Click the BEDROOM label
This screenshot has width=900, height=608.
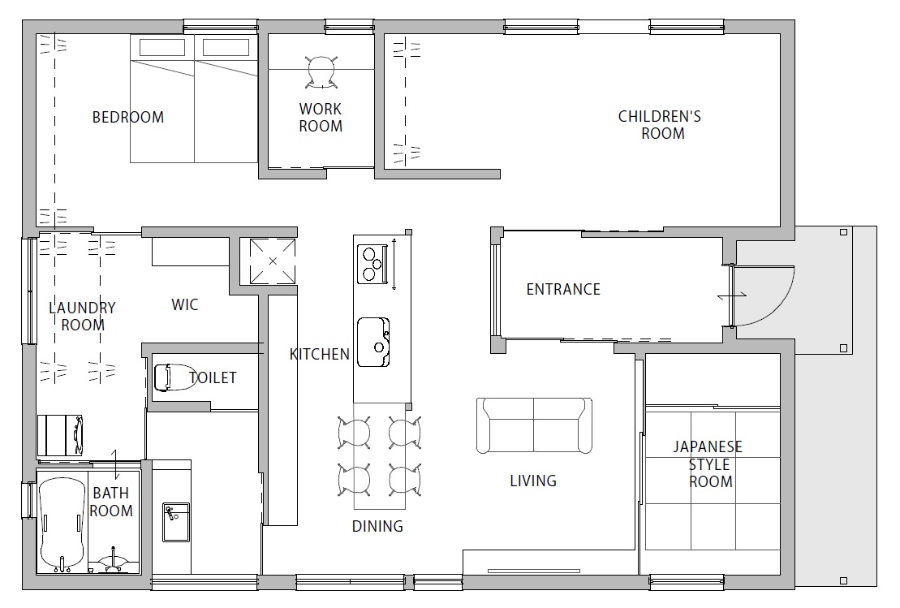click(x=128, y=117)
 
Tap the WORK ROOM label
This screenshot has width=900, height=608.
click(x=321, y=117)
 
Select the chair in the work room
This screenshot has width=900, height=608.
click(x=321, y=71)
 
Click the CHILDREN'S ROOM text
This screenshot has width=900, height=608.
click(x=660, y=124)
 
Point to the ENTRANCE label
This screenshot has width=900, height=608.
click(x=563, y=289)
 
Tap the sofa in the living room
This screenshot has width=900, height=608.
click(x=534, y=425)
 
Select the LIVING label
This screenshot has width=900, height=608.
click(x=533, y=481)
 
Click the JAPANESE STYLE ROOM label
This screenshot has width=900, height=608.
click(x=708, y=464)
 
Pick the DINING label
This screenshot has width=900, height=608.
click(x=377, y=526)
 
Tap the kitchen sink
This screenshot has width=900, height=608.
click(x=373, y=343)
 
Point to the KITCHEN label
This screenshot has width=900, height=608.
click(x=319, y=354)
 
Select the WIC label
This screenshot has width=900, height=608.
click(x=185, y=304)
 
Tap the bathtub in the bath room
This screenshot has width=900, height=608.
click(x=62, y=523)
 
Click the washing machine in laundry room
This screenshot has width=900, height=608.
click(x=60, y=436)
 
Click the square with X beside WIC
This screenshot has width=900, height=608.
click(x=273, y=261)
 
